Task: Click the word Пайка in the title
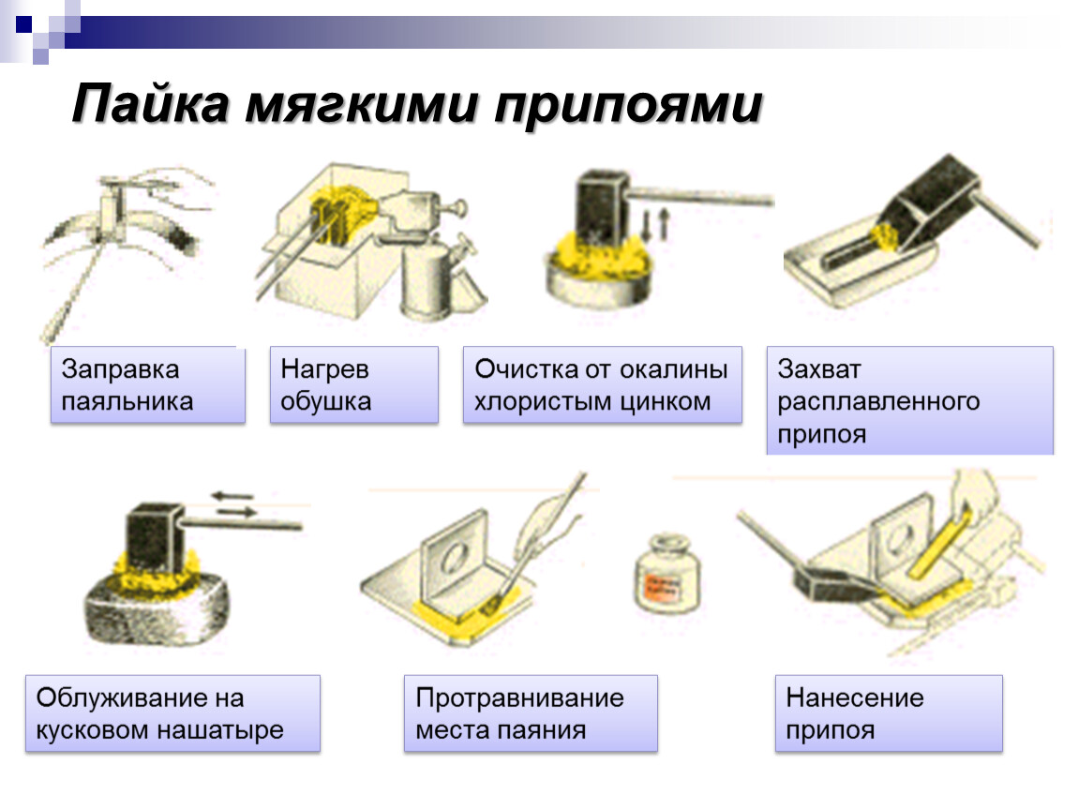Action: click(x=151, y=103)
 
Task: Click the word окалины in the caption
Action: click(x=674, y=369)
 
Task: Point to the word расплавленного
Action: click(x=878, y=401)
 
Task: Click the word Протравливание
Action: click(x=519, y=698)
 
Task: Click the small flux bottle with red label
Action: click(x=666, y=574)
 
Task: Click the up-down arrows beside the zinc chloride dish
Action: click(x=655, y=225)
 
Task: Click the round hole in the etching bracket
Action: click(x=454, y=556)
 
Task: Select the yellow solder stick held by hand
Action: click(x=940, y=540)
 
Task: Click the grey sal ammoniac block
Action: click(x=157, y=609)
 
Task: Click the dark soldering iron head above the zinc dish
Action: click(x=603, y=206)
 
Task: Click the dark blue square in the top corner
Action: click(x=24, y=24)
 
